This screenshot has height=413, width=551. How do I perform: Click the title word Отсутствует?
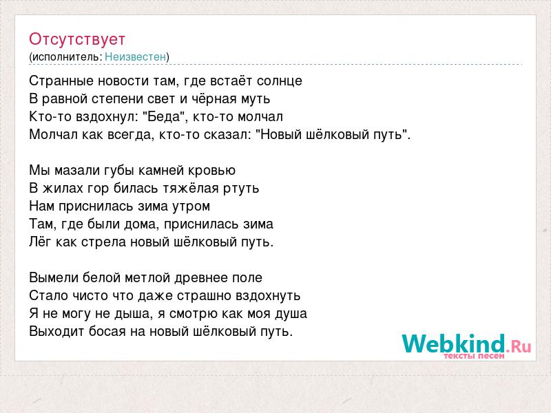point(77,39)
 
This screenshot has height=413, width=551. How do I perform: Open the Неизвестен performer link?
point(135,56)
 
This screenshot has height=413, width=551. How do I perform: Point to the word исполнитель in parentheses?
point(67,57)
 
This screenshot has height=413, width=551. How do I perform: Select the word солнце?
point(280,81)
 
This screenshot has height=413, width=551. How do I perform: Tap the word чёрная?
point(214,99)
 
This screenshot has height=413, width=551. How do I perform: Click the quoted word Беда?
point(163,116)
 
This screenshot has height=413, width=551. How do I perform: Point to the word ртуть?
point(241,189)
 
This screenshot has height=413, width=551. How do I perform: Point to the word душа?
point(291,314)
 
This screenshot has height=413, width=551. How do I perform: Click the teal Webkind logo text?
point(453,343)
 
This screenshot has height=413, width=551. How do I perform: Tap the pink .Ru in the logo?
point(519,347)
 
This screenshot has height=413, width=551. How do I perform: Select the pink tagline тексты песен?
point(474,356)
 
